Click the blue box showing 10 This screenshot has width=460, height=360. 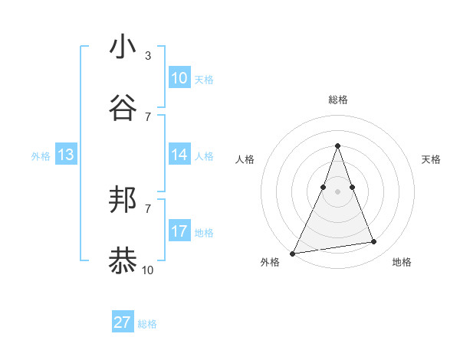click(179, 78)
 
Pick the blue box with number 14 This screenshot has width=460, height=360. click(179, 155)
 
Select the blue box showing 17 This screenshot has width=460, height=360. click(179, 231)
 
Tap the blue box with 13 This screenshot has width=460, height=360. click(66, 155)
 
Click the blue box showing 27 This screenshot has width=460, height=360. click(123, 322)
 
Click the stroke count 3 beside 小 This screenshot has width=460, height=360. click(147, 56)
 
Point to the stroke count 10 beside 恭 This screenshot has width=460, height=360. click(147, 270)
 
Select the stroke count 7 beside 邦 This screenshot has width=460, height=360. click(147, 208)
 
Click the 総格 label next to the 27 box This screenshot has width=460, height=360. click(147, 324)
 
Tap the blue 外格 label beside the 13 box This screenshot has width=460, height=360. click(41, 156)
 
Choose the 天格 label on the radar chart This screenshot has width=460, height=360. click(431, 159)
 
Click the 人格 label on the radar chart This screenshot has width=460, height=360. click(245, 159)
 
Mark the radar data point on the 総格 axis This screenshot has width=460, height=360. click(337, 146)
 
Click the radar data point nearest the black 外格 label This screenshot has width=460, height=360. click(292, 253)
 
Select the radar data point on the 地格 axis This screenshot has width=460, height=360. click(374, 242)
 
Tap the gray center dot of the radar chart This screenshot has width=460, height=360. click(337, 191)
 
